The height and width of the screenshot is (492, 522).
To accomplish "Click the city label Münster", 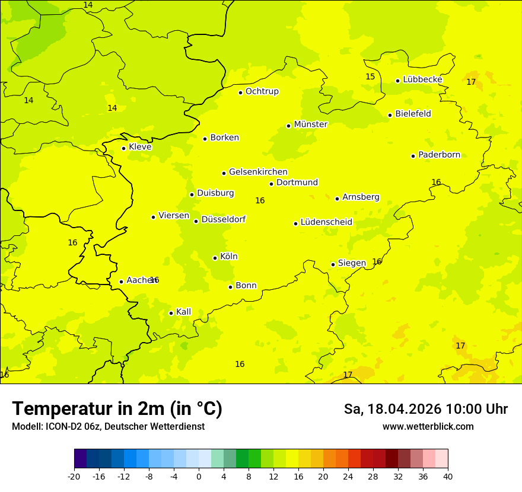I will [311, 124].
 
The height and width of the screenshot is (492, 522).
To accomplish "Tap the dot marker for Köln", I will [215, 258].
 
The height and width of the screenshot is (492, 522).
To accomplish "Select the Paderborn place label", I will [439, 155].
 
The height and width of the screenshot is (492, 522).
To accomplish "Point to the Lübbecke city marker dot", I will [397, 81].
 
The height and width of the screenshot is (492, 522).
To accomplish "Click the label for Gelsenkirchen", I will [258, 172].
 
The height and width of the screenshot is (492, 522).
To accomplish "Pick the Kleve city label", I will [140, 147].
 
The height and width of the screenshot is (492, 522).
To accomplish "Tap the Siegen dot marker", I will [333, 264].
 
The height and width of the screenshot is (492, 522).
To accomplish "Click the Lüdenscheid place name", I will [326, 222].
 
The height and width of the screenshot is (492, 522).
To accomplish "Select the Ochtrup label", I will [262, 91].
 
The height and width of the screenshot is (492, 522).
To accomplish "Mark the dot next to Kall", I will [171, 313].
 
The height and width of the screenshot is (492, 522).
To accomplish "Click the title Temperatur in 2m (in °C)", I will [117, 409].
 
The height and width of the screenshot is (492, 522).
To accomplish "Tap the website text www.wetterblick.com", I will [428, 426].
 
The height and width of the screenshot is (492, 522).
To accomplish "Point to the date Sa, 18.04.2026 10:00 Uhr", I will [425, 409].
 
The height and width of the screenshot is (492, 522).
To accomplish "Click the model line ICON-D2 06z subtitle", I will [108, 426].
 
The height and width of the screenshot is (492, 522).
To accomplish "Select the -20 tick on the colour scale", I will [74, 477].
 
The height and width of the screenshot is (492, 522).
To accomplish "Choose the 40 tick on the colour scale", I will [448, 477].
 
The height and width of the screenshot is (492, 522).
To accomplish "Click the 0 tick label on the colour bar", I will [199, 477].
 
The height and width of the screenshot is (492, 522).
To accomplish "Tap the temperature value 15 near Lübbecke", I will [370, 76].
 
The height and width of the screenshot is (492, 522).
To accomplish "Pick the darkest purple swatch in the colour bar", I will [80, 459].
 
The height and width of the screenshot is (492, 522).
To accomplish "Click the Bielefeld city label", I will [413, 114].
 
